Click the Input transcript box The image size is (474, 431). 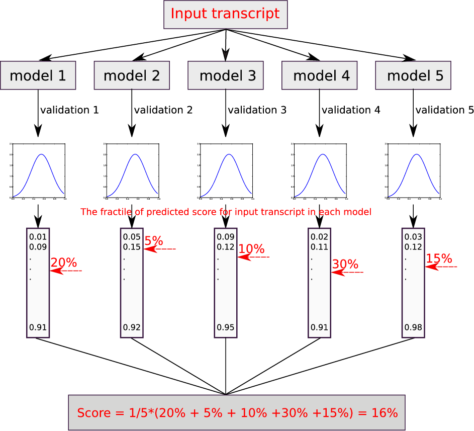coord(225,14)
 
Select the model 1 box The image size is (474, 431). coord(38,75)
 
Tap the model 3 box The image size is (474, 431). coord(226,75)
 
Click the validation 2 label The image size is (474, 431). coord(163,110)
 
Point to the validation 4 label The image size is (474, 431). coord(351,110)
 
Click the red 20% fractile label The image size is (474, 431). coord(63,263)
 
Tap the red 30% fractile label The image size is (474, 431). coord(345,264)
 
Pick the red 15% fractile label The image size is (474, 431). coord(439,258)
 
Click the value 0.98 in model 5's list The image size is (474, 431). coord(413,327)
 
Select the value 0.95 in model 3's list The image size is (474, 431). coord(226,327)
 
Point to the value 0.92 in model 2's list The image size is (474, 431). coord(132,327)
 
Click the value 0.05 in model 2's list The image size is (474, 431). coord(132,237)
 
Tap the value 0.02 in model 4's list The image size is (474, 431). coord(319,237)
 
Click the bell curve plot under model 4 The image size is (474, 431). coord(319,171)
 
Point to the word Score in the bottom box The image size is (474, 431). coord(94,413)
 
